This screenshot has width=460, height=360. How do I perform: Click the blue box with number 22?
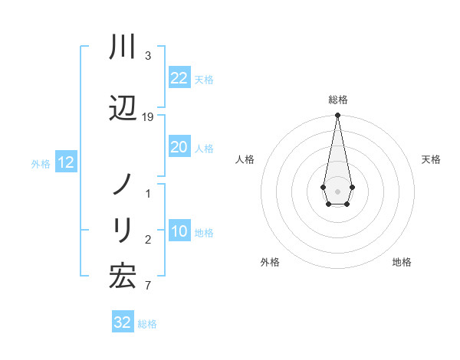pos(179,78)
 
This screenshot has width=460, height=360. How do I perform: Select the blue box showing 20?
pos(179,148)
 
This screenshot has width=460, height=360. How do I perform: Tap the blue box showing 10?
pos(179,232)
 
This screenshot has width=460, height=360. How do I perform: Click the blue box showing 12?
pos(65,162)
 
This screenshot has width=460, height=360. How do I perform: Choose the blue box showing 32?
pos(122,322)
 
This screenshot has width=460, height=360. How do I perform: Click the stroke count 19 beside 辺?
pos(148,116)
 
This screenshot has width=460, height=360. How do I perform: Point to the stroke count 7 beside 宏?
pos(148,286)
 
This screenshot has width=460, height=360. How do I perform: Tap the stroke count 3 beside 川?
pos(148,56)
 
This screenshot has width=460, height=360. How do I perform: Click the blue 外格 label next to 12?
pos(41,163)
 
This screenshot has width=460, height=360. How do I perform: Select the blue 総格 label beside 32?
pos(147,324)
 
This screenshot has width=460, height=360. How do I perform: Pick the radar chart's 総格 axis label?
pos(337,100)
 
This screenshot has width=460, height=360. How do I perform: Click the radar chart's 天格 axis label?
pos(431,159)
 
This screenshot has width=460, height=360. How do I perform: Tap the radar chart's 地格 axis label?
pos(402,262)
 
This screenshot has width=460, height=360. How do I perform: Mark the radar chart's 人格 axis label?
pos(245,159)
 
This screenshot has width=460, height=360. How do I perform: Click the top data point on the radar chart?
pos(337,115)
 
